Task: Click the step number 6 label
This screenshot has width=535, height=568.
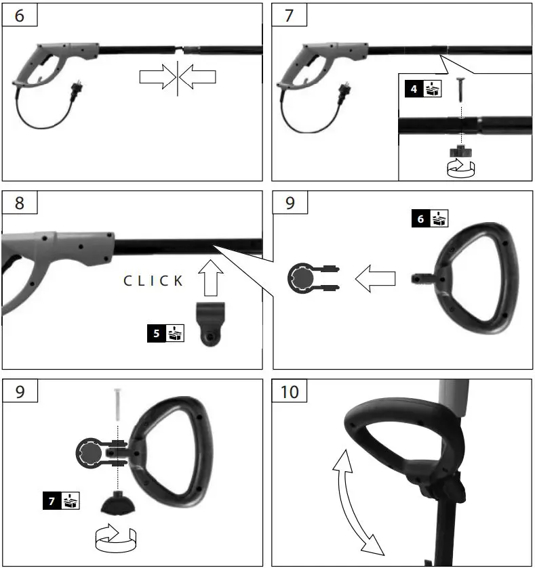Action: (x=18, y=15)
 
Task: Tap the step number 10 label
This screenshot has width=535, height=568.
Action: (x=290, y=391)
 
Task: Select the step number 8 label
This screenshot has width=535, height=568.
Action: (x=18, y=203)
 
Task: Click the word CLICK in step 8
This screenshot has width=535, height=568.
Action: (x=153, y=281)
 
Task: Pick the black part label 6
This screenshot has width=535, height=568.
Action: (x=420, y=219)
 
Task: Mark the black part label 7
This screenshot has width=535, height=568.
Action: (x=51, y=502)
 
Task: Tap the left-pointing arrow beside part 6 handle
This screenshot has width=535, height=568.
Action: (x=376, y=279)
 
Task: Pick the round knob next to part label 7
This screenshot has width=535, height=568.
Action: (x=117, y=504)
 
